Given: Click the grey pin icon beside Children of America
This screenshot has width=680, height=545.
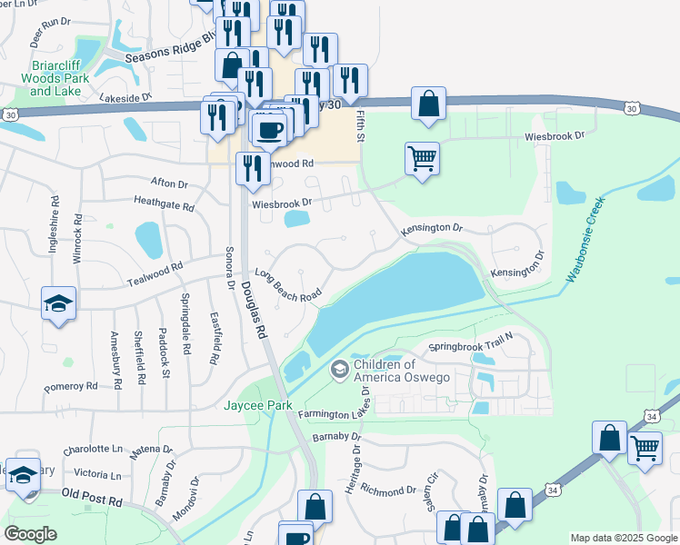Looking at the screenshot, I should tap(340, 369).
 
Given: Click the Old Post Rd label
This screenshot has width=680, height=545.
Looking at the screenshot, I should tap(91, 498).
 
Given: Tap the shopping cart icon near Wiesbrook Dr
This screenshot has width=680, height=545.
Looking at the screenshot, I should tap(423, 159).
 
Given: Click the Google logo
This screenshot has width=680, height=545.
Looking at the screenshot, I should tap(30, 534).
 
